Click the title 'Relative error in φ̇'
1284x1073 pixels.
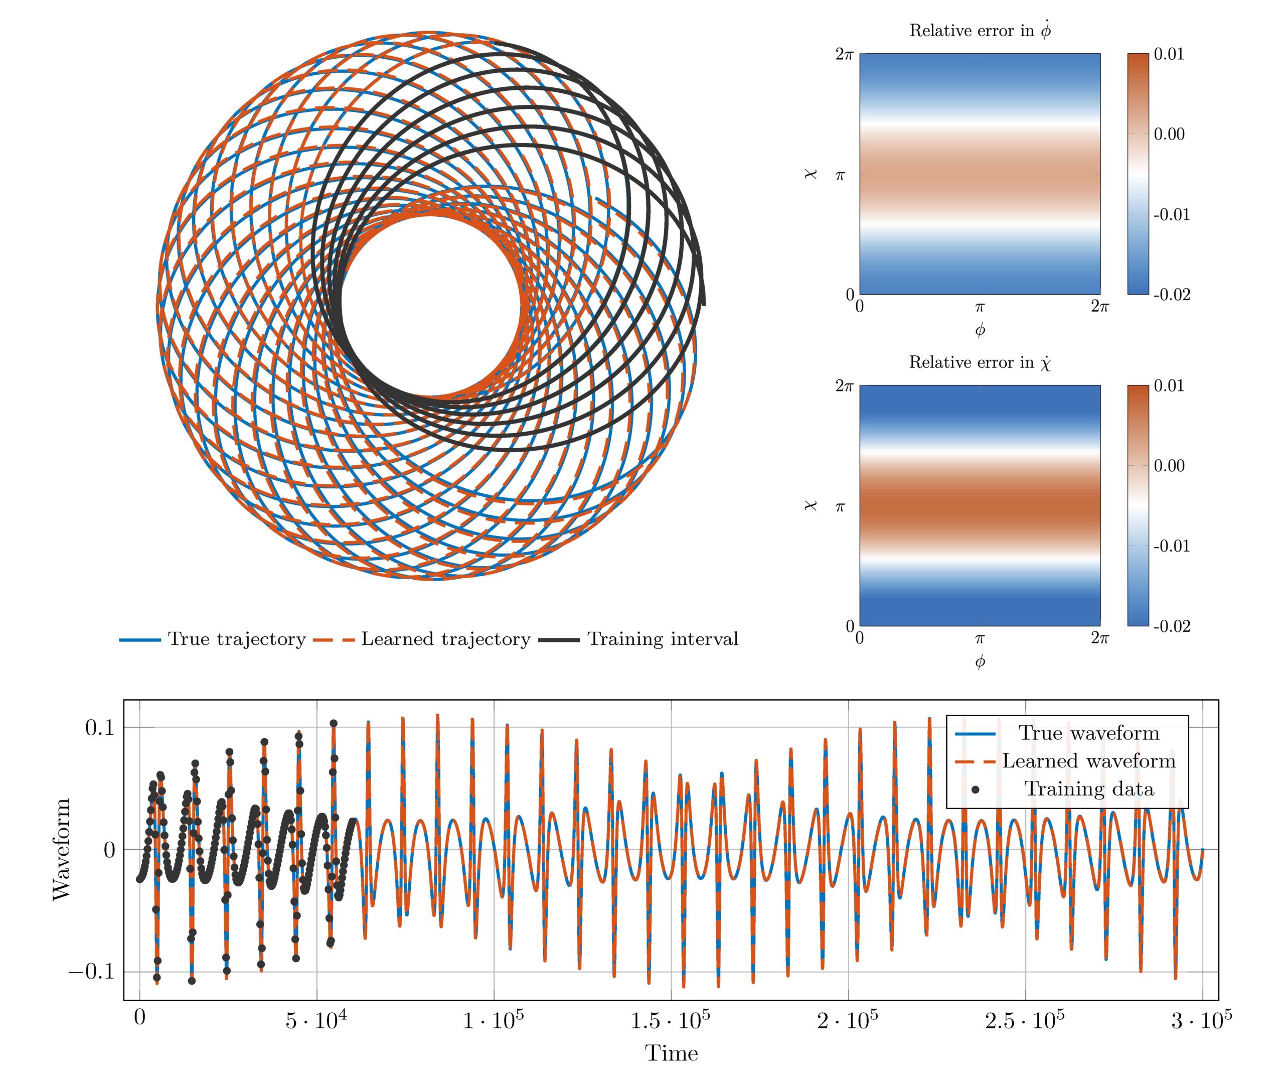tap(980, 31)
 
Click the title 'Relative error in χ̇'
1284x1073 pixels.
tap(980, 362)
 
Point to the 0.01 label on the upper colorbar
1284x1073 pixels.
tap(1169, 54)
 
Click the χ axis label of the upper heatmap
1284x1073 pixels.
tap(811, 174)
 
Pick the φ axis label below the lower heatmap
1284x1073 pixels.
tap(980, 662)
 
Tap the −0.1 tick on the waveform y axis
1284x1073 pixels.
tap(92, 972)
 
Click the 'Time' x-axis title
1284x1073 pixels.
tap(671, 1053)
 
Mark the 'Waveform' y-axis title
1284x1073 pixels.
tap(62, 849)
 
